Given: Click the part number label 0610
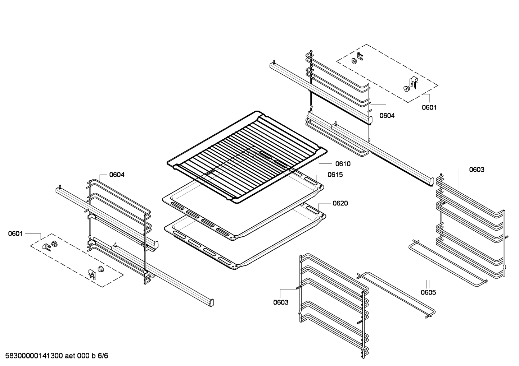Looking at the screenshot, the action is (x=343, y=164).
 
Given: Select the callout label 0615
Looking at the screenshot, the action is (x=335, y=175).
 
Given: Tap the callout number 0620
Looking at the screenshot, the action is (x=340, y=203).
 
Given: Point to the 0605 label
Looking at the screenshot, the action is (x=428, y=292).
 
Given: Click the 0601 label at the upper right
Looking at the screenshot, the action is (x=429, y=107).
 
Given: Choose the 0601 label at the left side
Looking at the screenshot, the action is (x=15, y=234).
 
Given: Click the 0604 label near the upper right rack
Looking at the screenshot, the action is (x=387, y=116).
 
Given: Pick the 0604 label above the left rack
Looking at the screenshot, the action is (x=117, y=175).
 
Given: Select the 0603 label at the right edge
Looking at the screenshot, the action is (x=477, y=170).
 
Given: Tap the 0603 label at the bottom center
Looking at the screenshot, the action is (x=281, y=302).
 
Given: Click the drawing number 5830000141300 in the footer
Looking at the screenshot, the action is (x=34, y=356).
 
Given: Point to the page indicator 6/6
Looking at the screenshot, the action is (x=103, y=356).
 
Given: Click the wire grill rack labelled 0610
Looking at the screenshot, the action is (x=247, y=157).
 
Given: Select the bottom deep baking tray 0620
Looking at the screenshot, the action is (x=245, y=236).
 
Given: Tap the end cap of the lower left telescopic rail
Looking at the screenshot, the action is (x=211, y=303).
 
